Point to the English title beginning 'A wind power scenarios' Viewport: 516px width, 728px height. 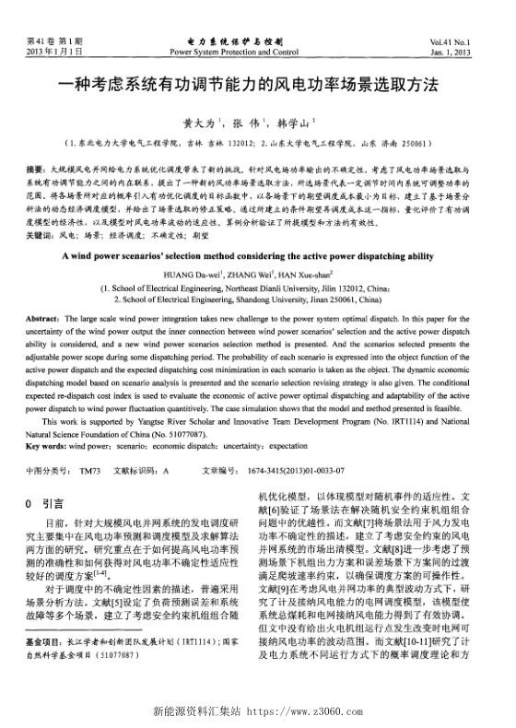point(258,253)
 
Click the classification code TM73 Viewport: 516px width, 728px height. point(89,470)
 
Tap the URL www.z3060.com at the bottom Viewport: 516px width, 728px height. point(311,711)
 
